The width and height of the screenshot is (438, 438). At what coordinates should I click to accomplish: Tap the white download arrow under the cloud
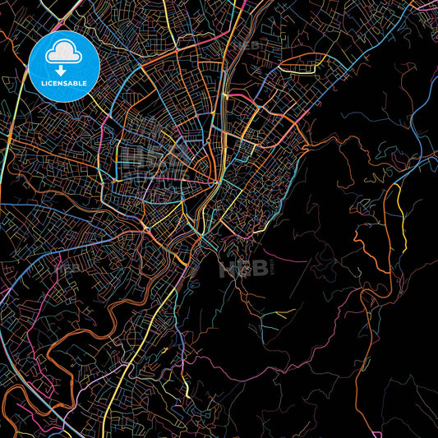click(61, 71)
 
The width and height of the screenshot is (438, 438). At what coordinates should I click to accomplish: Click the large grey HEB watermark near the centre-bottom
click(243, 268)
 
